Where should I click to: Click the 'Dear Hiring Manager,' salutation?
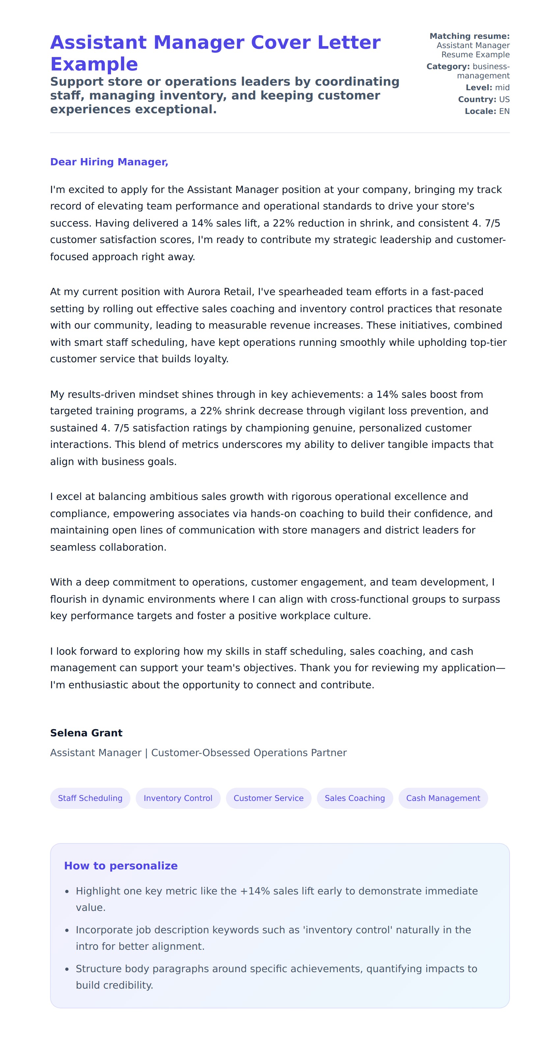pyautogui.click(x=109, y=162)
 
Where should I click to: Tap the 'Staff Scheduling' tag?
pyautogui.click(x=90, y=798)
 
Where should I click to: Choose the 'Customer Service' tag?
pyautogui.click(x=268, y=798)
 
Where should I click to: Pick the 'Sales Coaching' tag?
pyautogui.click(x=354, y=798)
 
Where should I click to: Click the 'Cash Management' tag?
pyautogui.click(x=443, y=798)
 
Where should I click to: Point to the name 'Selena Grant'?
pyautogui.click(x=86, y=733)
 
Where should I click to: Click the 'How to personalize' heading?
pyautogui.click(x=121, y=865)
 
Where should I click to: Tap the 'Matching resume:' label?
pyautogui.click(x=469, y=36)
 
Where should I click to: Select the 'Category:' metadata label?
pyautogui.click(x=448, y=67)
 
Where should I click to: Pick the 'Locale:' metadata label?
pyautogui.click(x=480, y=111)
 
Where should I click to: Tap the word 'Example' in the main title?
pyautogui.click(x=94, y=64)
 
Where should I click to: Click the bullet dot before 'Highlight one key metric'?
pyautogui.click(x=67, y=892)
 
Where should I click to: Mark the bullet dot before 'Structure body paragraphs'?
pyautogui.click(x=67, y=969)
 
